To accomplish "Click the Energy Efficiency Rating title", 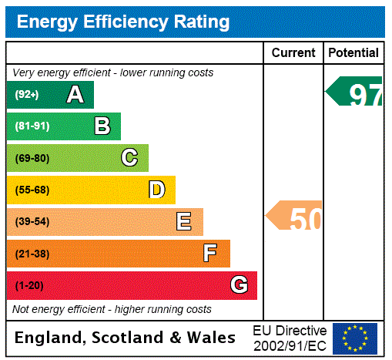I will (x=123, y=22).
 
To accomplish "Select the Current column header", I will (x=293, y=52).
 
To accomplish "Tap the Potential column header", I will (x=353, y=52).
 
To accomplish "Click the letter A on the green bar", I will (x=75, y=95).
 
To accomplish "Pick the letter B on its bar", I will (x=102, y=126).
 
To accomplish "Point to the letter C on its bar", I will (x=129, y=158).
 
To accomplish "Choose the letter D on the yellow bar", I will (x=156, y=190).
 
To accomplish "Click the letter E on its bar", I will (x=183, y=222).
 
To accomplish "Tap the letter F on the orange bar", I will (x=210, y=254).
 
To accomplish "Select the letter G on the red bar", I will (x=239, y=285).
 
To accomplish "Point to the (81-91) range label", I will (x=32, y=126).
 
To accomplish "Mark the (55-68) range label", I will (x=32, y=190).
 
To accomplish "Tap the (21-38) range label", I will (x=32, y=254).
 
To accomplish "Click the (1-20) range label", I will (x=29, y=285).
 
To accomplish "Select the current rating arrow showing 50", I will (x=295, y=217).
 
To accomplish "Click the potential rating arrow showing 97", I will (x=355, y=92).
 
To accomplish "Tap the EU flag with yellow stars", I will (x=355, y=338).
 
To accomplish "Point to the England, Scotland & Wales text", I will (x=126, y=338).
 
